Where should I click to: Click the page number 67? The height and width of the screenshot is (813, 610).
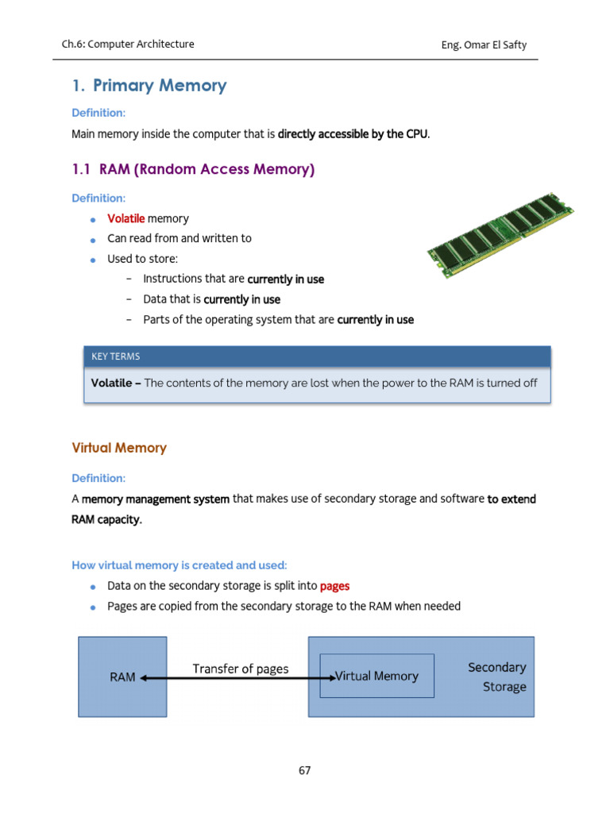pos(305,770)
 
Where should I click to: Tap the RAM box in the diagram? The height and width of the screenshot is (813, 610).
pos(122,676)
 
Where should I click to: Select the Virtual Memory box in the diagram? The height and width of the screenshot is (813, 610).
pos(376,676)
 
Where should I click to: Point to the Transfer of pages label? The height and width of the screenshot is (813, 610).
pos(241,669)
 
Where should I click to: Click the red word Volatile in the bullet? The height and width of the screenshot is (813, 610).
pos(125,218)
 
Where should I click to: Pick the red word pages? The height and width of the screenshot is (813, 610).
pos(334,586)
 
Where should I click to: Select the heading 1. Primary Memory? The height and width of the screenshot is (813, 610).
pos(149,86)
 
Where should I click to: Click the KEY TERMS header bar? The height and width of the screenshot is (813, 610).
pos(317,356)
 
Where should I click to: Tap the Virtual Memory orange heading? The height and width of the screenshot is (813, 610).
pos(119,448)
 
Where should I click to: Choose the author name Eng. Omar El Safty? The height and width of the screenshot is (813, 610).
pos(484,44)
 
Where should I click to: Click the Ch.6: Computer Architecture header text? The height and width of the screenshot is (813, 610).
pos(128,44)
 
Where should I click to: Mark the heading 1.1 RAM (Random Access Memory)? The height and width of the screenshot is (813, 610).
pos(193,169)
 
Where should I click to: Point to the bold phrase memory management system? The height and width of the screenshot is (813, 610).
pos(156,499)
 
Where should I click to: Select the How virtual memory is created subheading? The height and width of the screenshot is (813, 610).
pos(180,565)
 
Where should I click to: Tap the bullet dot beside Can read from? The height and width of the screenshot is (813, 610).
pos(92,239)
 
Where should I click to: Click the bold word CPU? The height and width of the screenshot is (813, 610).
pos(417,134)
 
